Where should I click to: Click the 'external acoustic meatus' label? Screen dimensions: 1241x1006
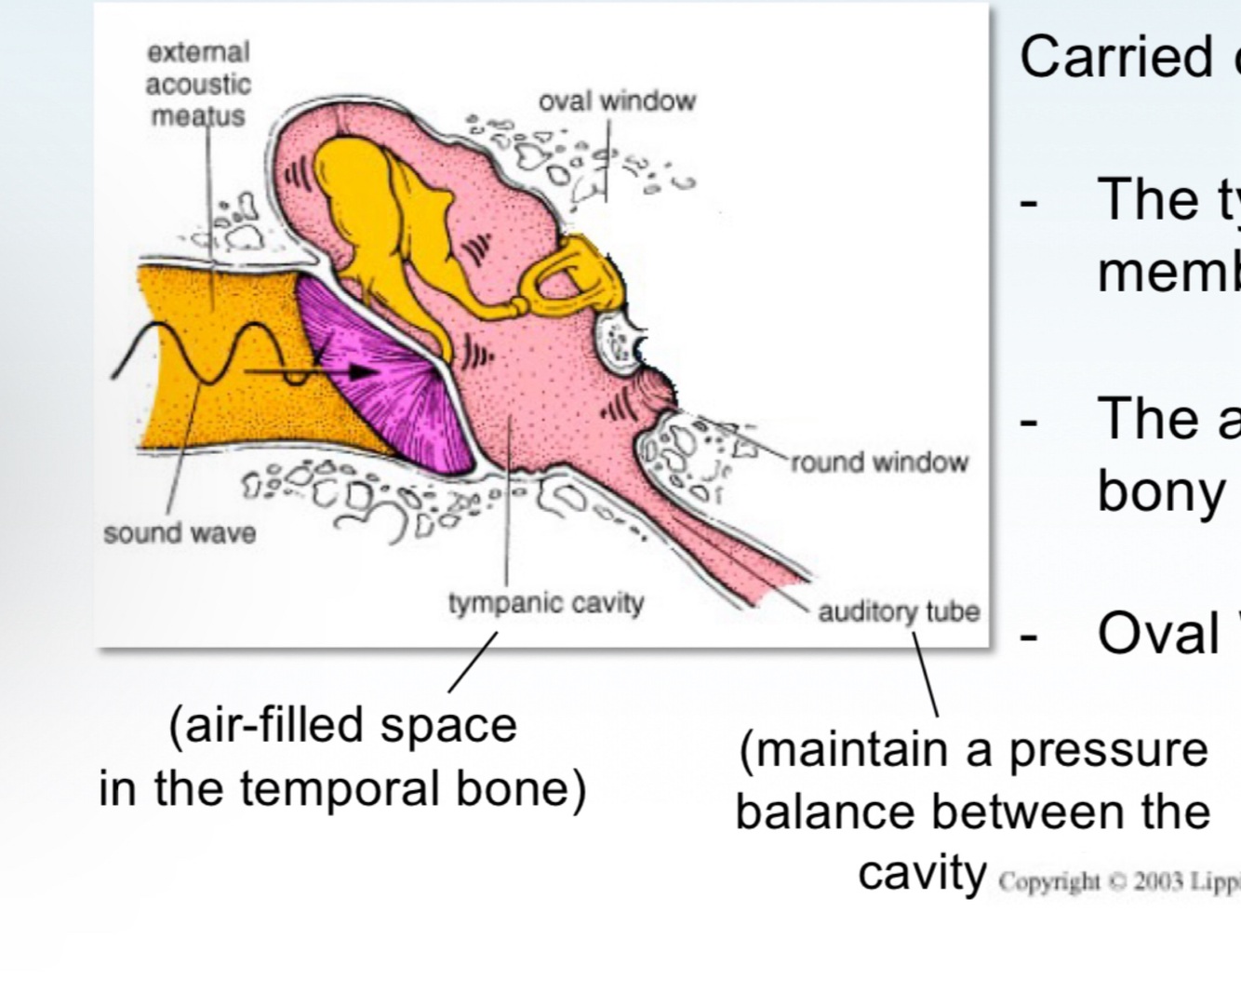tap(198, 84)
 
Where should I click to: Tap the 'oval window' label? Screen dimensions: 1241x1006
tap(617, 101)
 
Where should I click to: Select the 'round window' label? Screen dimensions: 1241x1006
tap(879, 463)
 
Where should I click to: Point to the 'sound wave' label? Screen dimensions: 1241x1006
tap(179, 533)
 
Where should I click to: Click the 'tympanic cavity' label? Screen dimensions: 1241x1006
tap(546, 603)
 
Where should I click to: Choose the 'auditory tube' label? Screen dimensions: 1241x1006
tap(899, 611)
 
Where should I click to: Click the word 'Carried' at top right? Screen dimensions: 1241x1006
tap(1113, 58)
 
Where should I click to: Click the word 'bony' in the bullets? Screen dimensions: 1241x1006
tap(1159, 490)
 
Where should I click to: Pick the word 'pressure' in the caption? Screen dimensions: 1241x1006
tap(1108, 750)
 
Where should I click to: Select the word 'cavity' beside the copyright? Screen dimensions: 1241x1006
tap(922, 874)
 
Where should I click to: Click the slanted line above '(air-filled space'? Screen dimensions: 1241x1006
tap(473, 662)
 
